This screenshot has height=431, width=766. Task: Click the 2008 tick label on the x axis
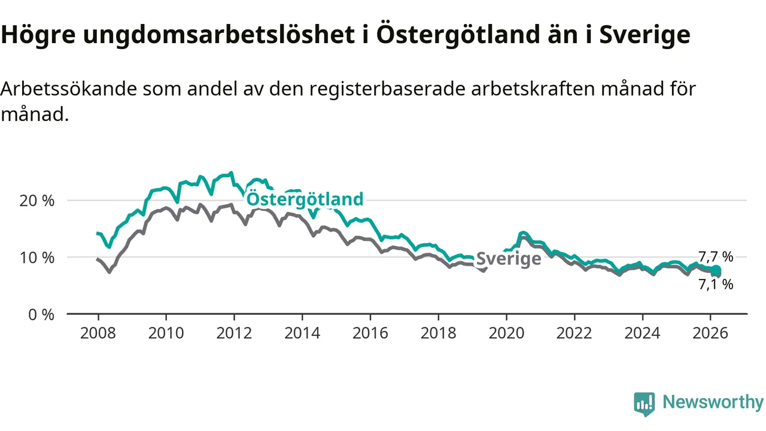pos(98,333)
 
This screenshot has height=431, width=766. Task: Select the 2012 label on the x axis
pos(234,333)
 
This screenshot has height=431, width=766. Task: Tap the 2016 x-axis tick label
pos(370,333)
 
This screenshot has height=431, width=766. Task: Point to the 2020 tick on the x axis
pos(506,333)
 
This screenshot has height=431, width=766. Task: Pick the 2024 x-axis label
pos(642,333)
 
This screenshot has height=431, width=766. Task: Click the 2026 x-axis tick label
pos(710,333)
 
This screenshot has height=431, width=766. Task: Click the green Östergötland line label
pos(305,199)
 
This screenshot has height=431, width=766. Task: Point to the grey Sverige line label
pos(509,259)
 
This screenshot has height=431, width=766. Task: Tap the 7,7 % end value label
pos(716,257)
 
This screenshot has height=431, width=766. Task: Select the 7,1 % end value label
pos(716,285)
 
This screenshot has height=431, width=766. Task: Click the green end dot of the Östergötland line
pos(716,271)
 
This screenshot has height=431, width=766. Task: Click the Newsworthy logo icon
pos(644,403)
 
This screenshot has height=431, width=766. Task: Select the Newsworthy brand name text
pos(713,402)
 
